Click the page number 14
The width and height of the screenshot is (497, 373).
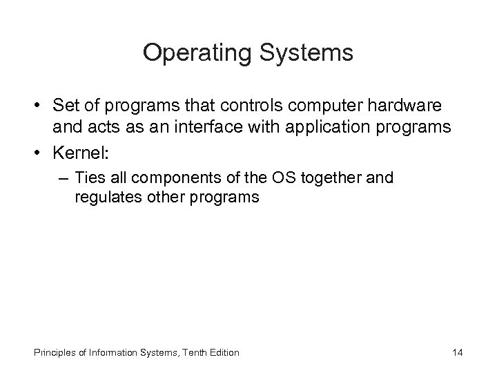pos(457,353)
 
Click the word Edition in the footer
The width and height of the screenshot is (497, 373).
pos(222,353)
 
